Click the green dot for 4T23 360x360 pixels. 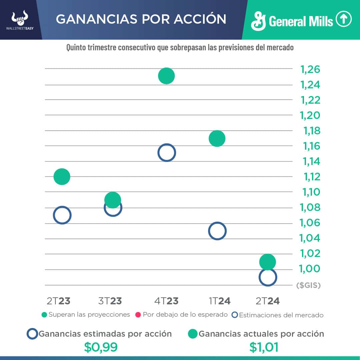[x=166, y=76]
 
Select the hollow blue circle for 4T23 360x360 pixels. [x=166, y=153]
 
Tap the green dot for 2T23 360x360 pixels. [x=62, y=176]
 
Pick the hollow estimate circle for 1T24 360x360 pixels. [x=217, y=231]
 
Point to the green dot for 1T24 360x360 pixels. [x=217, y=138]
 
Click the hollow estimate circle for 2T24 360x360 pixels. [x=268, y=277]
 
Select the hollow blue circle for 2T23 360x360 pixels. [x=62, y=215]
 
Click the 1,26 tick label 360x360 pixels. [x=310, y=69]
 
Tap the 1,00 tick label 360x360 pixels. [x=310, y=269]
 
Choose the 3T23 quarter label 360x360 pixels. [x=110, y=301]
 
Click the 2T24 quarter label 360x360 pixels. [x=268, y=301]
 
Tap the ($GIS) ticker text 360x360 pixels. [x=308, y=285]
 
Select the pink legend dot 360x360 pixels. [x=138, y=315]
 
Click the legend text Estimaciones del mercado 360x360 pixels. [x=281, y=315]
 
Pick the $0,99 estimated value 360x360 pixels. [x=101, y=347]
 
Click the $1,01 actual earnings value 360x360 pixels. [x=264, y=347]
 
